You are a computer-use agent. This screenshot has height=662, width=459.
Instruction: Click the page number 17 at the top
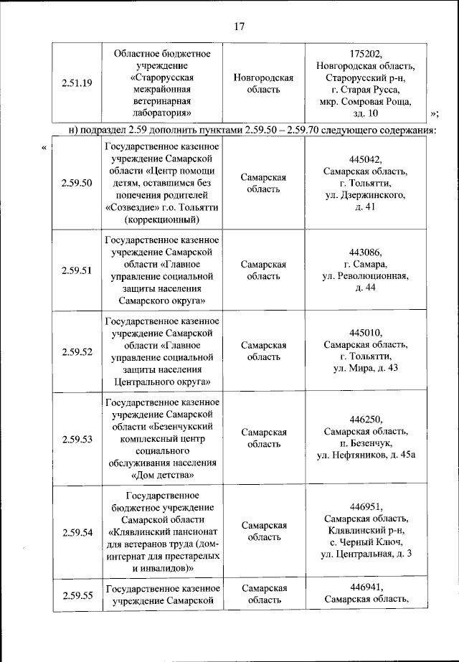[240, 27]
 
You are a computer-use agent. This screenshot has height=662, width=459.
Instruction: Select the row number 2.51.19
[77, 83]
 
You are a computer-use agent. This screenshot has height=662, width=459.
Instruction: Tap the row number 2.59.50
[77, 184]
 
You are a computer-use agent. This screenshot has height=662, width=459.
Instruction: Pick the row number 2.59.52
[77, 351]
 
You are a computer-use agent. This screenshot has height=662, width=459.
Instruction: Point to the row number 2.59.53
[77, 439]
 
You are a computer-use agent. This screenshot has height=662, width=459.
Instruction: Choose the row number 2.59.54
[77, 532]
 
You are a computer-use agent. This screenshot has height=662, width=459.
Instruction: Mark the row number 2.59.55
[77, 595]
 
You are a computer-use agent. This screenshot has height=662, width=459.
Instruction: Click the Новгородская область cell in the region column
[264, 83]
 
